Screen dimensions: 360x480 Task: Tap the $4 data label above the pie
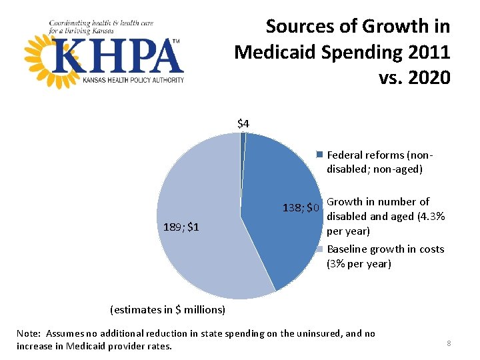pyautogui.click(x=243, y=123)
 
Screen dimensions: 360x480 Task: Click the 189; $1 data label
pyautogui.click(x=181, y=227)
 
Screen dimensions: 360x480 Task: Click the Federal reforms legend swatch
pyautogui.click(x=320, y=155)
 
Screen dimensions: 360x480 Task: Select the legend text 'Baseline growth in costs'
pyautogui.click(x=385, y=249)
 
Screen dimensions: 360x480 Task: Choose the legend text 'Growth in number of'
pyautogui.click(x=378, y=202)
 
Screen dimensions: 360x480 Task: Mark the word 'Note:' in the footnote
pyautogui.click(x=29, y=333)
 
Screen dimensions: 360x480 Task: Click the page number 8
pyautogui.click(x=449, y=343)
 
